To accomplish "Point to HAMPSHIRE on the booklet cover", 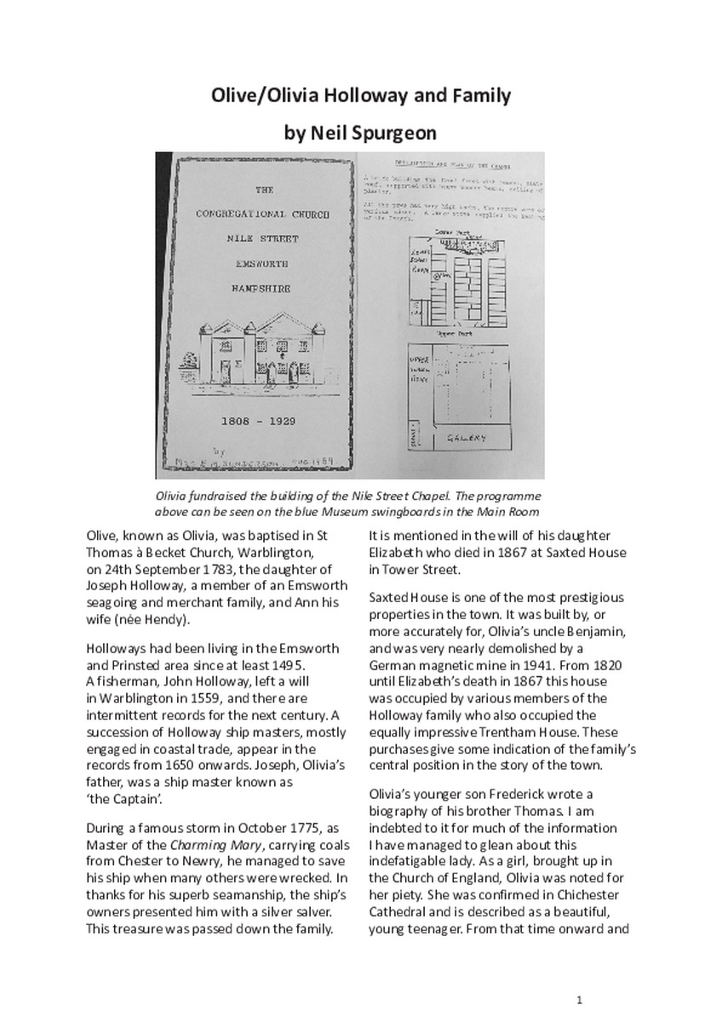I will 262,289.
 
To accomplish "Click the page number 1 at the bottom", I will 579,999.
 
